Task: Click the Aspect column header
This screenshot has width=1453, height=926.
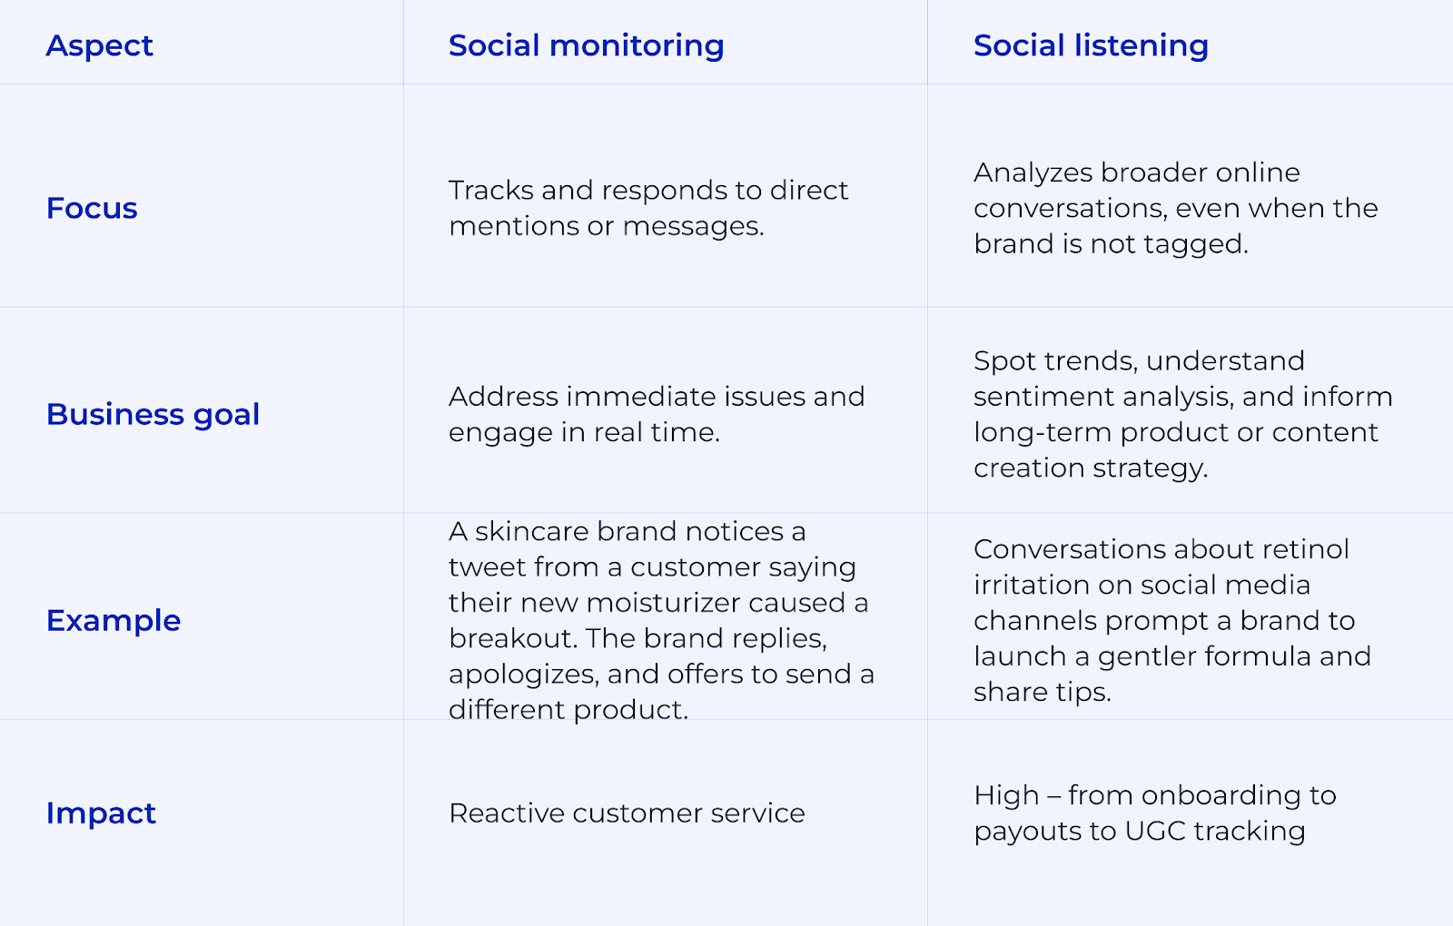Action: coord(99,45)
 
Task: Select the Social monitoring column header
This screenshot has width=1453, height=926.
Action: coord(586,45)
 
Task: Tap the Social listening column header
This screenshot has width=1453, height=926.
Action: coord(1091,45)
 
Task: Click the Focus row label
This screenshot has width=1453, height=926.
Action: coord(92,208)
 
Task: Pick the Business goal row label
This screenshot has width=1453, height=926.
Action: coord(153,414)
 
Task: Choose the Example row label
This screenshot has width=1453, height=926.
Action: coord(114,620)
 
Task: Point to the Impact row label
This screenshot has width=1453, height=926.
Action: coord(101,813)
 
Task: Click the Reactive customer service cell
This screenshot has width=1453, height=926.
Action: coord(627,813)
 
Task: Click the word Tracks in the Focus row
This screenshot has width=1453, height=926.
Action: coord(490,190)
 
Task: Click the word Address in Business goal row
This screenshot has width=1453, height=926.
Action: coord(502,397)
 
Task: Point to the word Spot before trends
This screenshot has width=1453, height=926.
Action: coord(1003,361)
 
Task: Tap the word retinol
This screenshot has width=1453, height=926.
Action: coord(1305,549)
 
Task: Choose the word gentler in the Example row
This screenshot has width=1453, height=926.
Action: coord(1146,656)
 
